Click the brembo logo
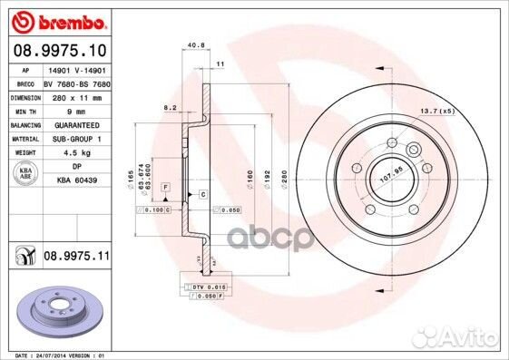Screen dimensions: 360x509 (x=59, y=19)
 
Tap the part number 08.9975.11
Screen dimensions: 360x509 (x=76, y=257)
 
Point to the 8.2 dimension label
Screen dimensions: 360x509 (x=168, y=108)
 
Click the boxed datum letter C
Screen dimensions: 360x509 (x=202, y=195)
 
